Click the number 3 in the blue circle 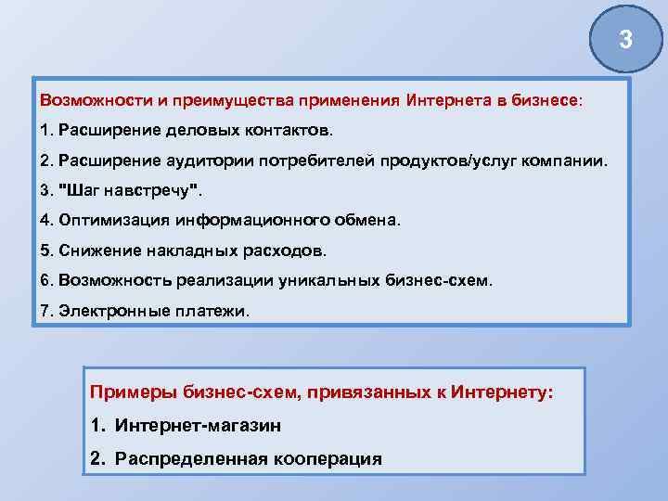coord(625,40)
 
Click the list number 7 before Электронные coord(45,311)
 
